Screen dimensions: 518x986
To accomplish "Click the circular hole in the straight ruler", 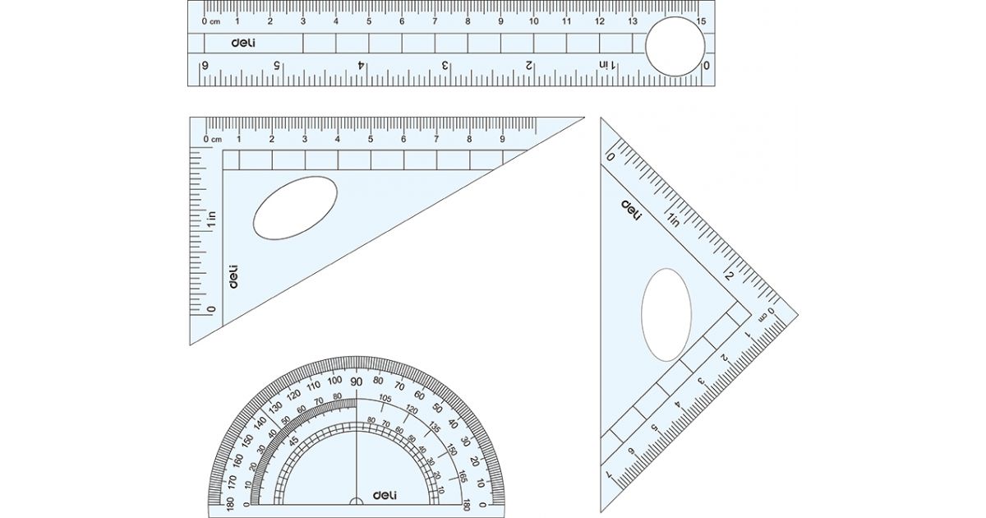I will (676, 47).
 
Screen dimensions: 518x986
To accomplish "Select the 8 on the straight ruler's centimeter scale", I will (468, 21).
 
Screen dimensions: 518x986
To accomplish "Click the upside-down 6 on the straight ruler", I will (205, 65).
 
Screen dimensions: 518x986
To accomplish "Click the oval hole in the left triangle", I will (295, 207).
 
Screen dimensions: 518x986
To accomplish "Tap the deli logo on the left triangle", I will (233, 276).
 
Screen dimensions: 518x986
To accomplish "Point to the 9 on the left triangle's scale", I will (502, 139).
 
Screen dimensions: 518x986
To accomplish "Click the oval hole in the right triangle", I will (666, 314).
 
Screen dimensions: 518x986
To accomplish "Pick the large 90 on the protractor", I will (356, 382).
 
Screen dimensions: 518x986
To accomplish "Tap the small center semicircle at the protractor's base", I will (356, 501).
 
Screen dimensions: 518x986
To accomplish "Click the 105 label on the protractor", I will (384, 400).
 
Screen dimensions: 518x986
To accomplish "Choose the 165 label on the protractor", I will (463, 476).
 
